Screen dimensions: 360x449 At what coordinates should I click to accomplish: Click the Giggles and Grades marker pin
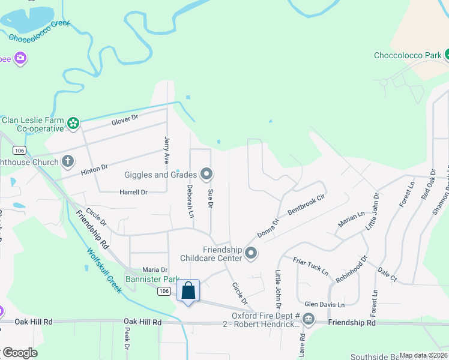tap(207, 175)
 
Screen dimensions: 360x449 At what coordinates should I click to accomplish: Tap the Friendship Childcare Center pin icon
tap(251, 254)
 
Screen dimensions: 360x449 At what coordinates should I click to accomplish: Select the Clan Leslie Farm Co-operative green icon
tap(73, 124)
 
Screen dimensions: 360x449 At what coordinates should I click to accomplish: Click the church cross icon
tap(68, 161)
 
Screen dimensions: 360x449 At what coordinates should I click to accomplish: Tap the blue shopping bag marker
tap(188, 291)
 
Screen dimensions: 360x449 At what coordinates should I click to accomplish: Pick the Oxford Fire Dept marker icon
tap(309, 319)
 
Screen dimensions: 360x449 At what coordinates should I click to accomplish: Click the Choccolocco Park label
tap(408, 56)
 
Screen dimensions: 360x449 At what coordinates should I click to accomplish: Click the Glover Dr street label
tap(124, 119)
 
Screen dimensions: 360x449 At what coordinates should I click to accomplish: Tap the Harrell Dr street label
tap(133, 192)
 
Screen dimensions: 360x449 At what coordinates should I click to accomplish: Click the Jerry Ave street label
tap(167, 150)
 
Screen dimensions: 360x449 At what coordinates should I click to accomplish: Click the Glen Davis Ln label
tap(324, 305)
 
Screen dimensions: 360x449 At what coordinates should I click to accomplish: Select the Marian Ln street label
tap(351, 219)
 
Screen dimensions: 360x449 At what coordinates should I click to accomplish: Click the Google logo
tap(20, 353)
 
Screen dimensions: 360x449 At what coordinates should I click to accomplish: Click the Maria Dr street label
tap(154, 270)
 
